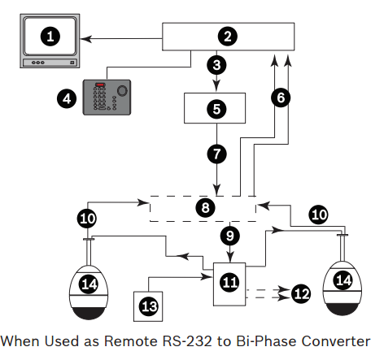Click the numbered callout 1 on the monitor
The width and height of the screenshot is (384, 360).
(x=50, y=37)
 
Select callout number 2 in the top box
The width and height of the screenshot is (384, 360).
(x=228, y=37)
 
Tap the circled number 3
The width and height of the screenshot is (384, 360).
(x=216, y=65)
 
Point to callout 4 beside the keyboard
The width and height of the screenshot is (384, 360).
(x=67, y=98)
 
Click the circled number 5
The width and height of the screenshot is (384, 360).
(x=216, y=109)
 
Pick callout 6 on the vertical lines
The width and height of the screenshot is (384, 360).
(x=281, y=98)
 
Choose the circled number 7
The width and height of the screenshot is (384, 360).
(x=217, y=154)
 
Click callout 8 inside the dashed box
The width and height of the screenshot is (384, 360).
(x=205, y=208)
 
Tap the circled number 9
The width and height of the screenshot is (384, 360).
(x=230, y=236)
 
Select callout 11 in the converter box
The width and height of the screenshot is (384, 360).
(x=229, y=282)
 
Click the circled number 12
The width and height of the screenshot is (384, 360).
(x=301, y=293)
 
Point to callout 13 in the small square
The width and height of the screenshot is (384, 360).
(x=149, y=306)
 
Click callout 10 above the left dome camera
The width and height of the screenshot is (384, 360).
(x=87, y=219)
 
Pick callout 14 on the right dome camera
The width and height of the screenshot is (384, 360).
(x=343, y=280)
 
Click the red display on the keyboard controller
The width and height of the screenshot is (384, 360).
(x=100, y=85)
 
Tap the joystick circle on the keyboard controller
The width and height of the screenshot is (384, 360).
(x=122, y=91)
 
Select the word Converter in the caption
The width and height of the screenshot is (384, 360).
(x=336, y=341)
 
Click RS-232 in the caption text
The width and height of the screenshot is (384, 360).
(x=187, y=341)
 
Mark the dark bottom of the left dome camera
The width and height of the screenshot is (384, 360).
(x=89, y=314)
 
